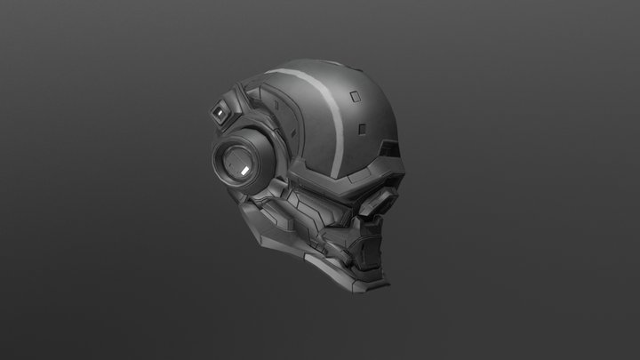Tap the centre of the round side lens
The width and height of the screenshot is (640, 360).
click(237, 162)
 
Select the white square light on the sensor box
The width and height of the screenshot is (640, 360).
click(219, 114)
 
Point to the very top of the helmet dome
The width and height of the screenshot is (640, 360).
click(307, 64)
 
